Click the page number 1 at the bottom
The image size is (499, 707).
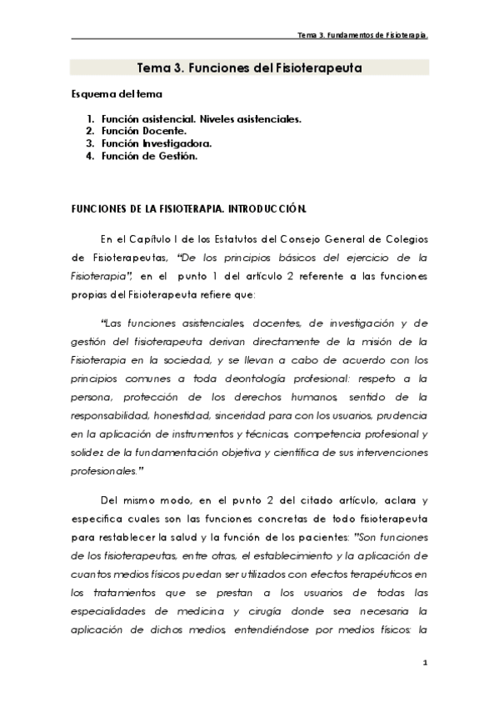click(x=425, y=663)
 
